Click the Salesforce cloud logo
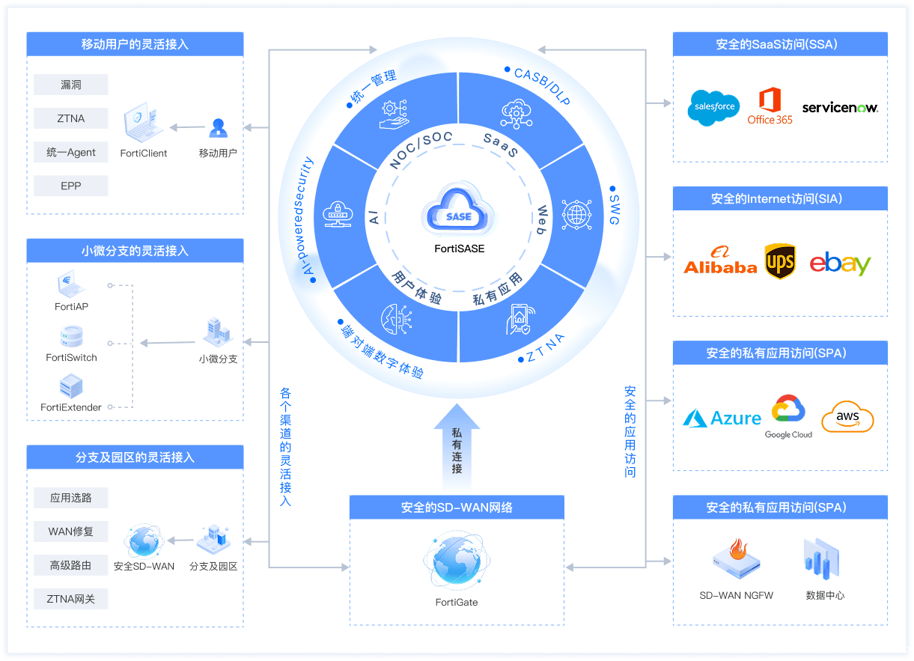coord(713,107)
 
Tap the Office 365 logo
coord(770,106)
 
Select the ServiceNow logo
coord(840,108)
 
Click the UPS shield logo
coord(779,262)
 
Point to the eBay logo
coord(840,264)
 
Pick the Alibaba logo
coord(720,261)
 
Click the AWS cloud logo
coord(847,417)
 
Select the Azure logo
coord(722,418)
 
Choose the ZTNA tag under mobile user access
coord(71,118)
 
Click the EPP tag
coord(71,186)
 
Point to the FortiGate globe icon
coord(457,562)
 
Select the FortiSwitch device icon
coord(71,337)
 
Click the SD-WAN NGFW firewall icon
coord(737,558)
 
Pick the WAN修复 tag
coord(71,531)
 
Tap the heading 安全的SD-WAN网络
coord(457,508)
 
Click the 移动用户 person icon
coord(218,128)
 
